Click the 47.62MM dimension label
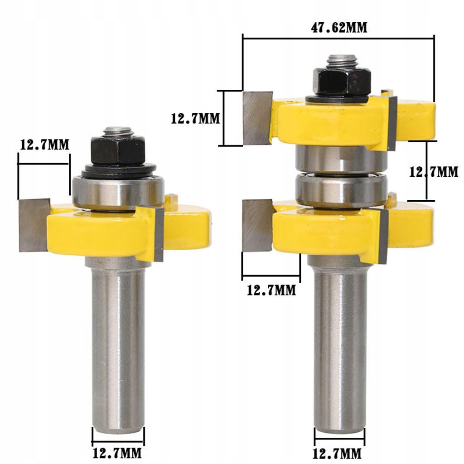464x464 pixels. tap(338, 27)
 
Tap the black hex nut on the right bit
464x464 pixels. tap(342, 82)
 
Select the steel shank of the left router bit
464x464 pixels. tap(118, 344)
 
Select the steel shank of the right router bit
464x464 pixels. tap(340, 344)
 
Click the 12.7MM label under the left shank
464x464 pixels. tap(117, 453)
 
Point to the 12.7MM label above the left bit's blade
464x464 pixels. tap(44, 145)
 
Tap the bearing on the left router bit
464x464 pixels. tap(118, 193)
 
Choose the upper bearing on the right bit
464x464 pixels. tap(341, 159)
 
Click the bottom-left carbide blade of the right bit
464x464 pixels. tap(257, 226)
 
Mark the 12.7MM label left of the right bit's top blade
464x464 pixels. tap(195, 119)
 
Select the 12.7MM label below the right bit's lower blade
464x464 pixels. tap(271, 290)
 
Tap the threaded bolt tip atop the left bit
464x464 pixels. tap(118, 131)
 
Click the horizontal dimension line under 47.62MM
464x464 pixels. tap(338, 39)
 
